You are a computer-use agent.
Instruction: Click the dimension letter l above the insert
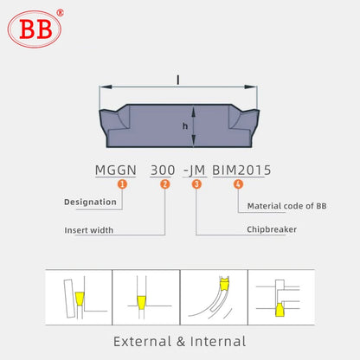178,80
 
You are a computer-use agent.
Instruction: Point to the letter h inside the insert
184,125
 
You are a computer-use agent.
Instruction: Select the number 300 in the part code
162,170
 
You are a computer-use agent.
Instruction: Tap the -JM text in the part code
196,170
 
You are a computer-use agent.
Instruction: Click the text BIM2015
241,170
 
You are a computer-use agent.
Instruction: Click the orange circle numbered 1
121,184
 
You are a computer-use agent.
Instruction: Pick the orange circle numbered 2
165,184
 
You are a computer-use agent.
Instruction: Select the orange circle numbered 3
196,184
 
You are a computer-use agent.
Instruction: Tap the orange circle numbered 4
238,184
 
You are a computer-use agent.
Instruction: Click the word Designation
90,202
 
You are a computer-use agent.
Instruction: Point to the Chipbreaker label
271,230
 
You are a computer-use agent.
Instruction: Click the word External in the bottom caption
143,341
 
